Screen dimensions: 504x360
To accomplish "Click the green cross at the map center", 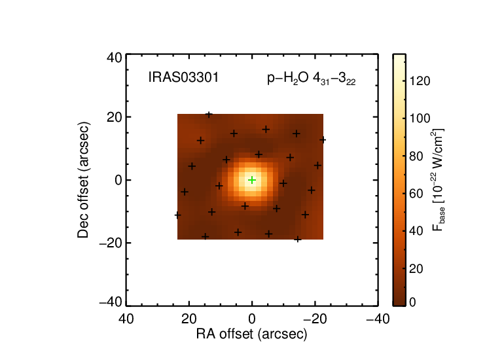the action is [252, 180].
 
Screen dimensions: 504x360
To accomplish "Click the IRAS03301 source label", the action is [183, 77].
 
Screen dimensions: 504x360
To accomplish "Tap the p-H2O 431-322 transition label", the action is [311, 79].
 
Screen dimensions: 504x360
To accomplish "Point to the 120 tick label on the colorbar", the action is [420, 81].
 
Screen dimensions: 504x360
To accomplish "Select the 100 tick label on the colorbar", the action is [420, 118].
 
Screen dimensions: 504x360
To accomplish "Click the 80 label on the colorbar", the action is [416, 156].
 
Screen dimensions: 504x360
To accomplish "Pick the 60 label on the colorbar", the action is [416, 194].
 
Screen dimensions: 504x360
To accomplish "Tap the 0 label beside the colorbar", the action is [412, 302].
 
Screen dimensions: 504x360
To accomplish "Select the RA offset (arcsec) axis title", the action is [252, 334].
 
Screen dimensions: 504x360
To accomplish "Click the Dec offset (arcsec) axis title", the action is [83, 180].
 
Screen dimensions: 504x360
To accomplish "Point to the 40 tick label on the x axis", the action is [126, 319].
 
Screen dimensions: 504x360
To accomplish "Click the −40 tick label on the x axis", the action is [378, 319].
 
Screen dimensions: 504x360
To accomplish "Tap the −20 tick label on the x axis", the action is [315, 319].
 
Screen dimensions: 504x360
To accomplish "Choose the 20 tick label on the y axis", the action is [115, 117].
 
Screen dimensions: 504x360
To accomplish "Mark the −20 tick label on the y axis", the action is [111, 243].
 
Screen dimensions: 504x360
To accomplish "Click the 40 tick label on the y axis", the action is [115, 58].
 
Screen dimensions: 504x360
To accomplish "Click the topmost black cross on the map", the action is [209, 115].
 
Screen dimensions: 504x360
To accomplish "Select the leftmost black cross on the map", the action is [177, 215].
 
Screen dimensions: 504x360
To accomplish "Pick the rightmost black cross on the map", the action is [323, 139].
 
